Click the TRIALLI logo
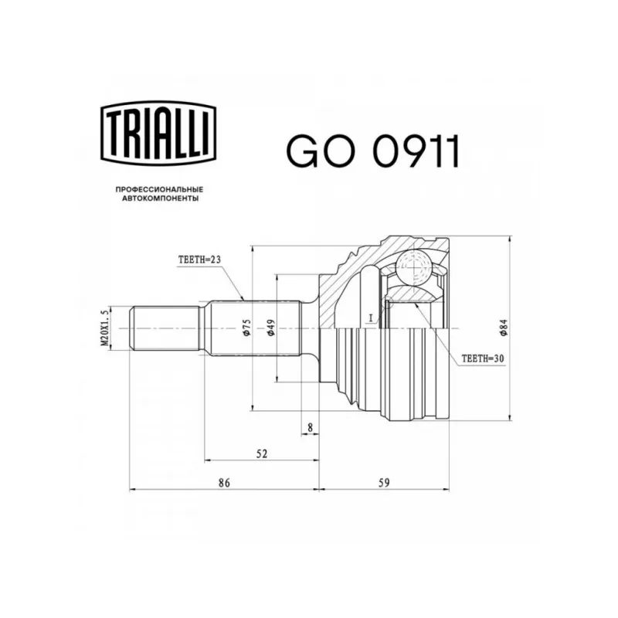coord(159,133)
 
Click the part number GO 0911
coord(373,151)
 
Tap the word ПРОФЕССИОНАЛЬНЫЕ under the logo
coord(159,189)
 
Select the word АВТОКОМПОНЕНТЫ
coord(160,199)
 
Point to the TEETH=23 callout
coord(199,260)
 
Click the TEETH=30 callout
coord(483,358)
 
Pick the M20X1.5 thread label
coord(104,328)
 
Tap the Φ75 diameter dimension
coord(247,328)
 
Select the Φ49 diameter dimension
coord(271,328)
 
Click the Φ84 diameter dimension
coord(504,328)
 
